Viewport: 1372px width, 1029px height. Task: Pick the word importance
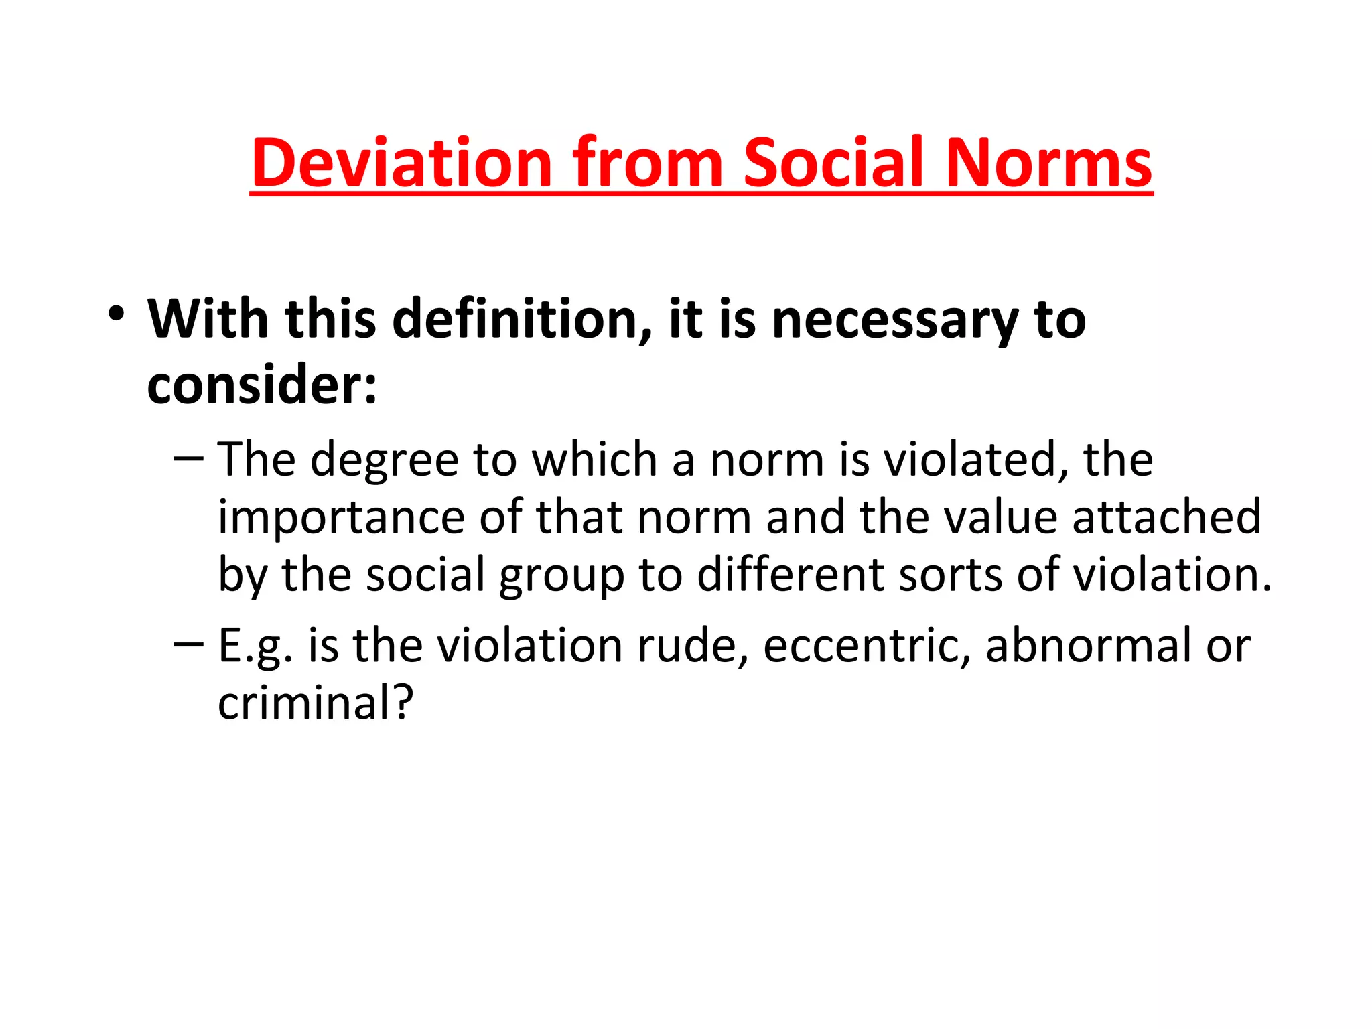tap(341, 519)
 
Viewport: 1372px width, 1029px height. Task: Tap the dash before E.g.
tap(188, 644)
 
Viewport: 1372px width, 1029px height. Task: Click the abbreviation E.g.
tap(255, 647)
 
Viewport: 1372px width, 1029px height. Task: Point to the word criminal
tap(315, 703)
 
